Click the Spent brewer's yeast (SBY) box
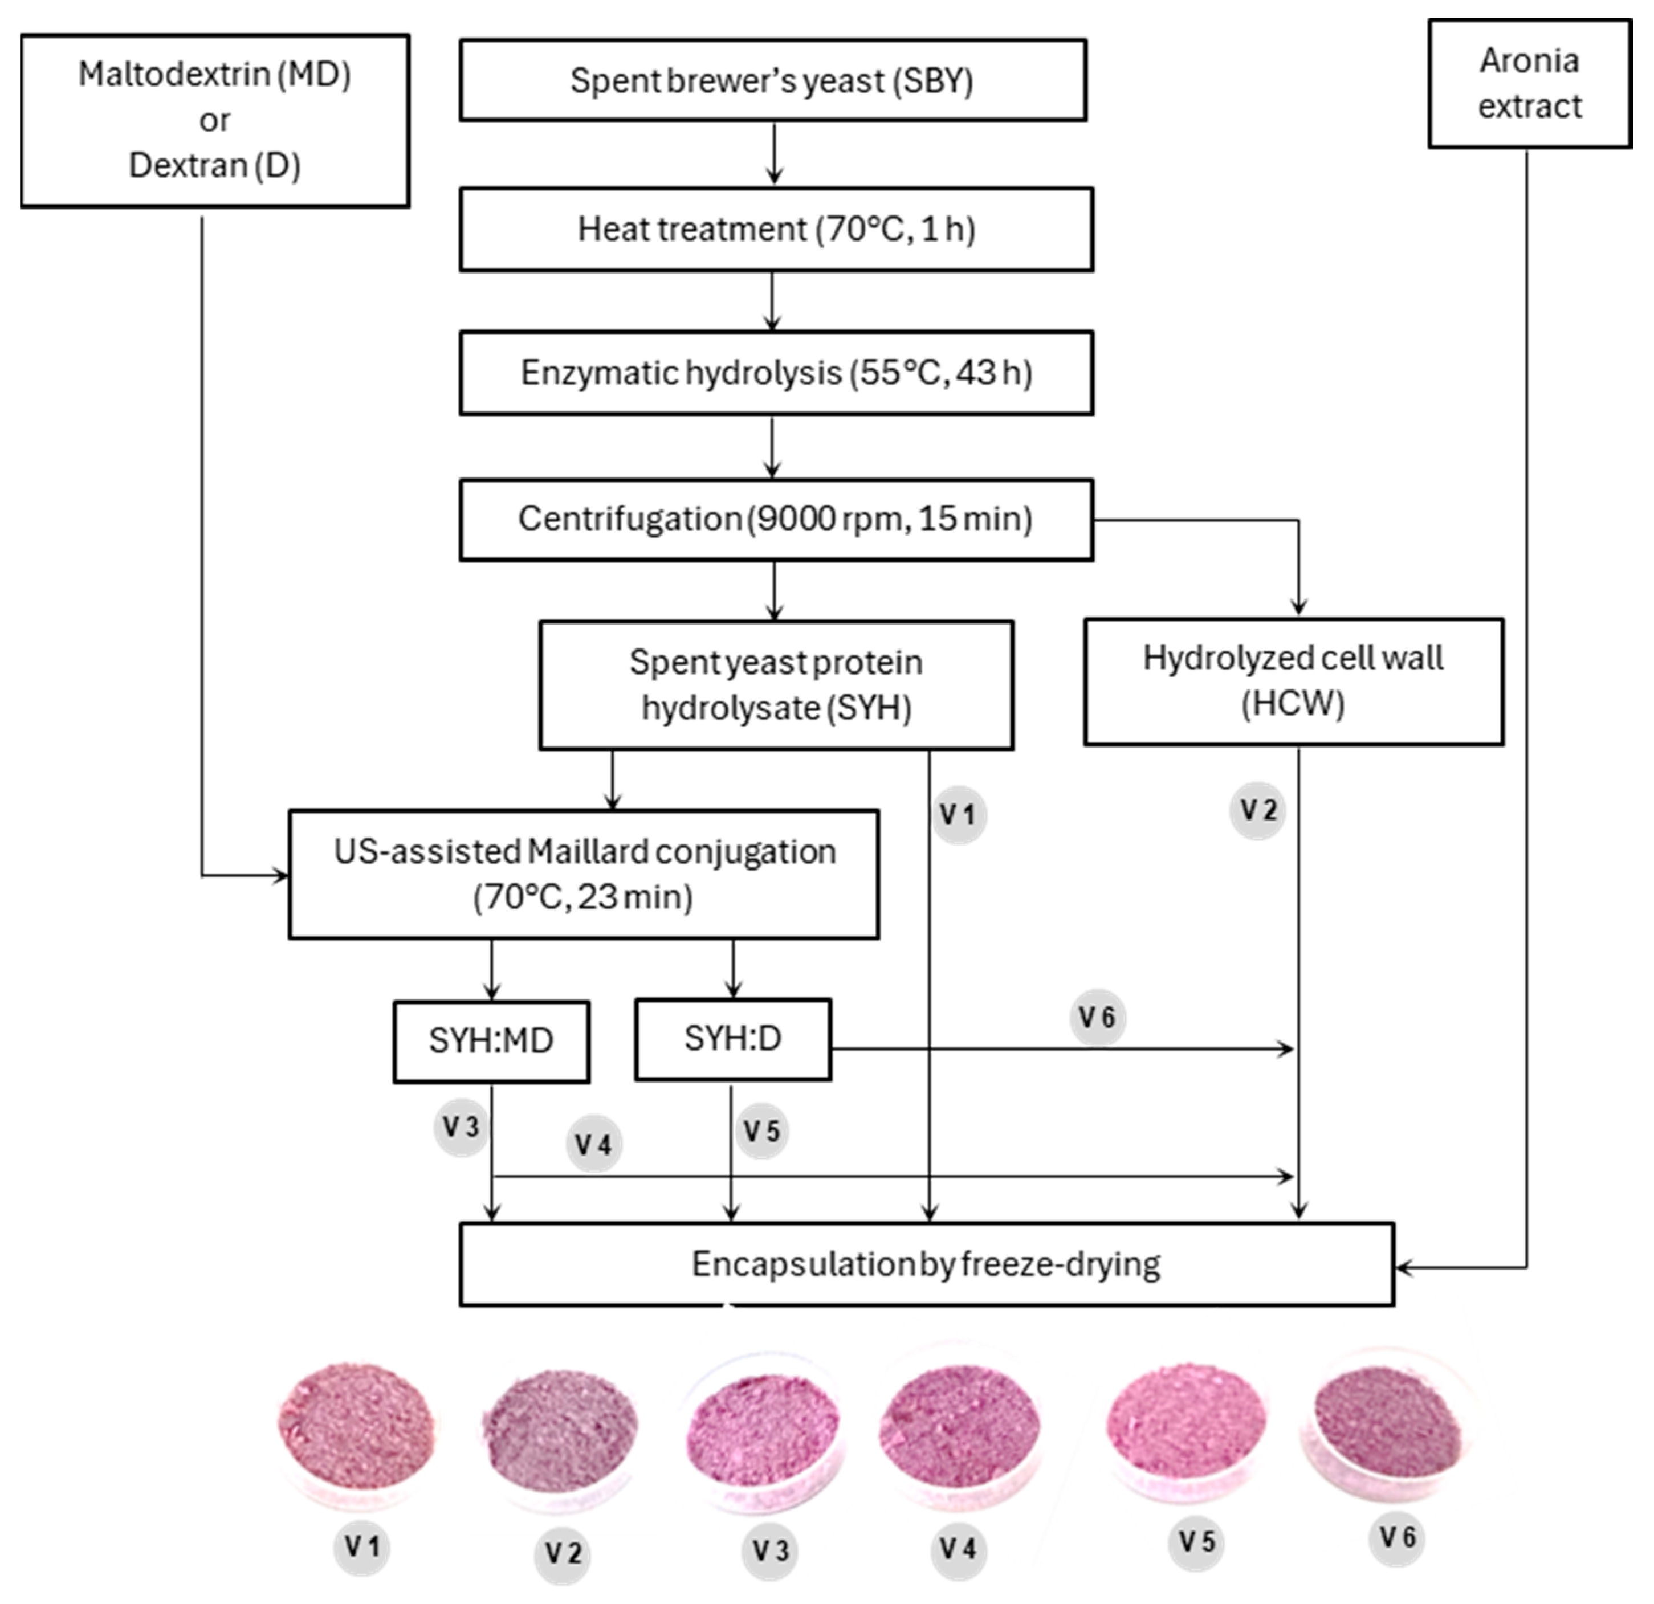772,81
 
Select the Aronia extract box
1529,84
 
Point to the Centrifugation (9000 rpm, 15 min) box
776,519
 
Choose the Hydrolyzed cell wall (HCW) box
1293,681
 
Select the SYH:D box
732,1039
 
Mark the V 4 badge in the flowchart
593,1145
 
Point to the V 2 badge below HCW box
1257,811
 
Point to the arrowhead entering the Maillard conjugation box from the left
280,876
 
